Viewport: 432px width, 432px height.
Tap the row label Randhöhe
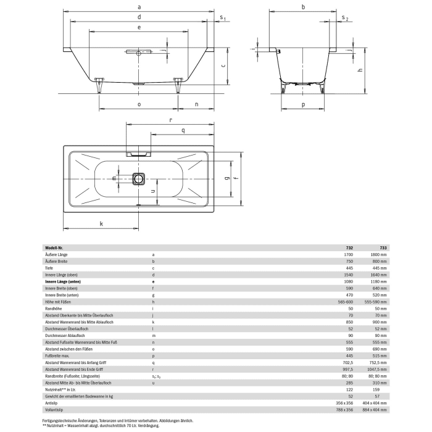point(54,307)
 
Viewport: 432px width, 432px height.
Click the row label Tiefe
point(49,267)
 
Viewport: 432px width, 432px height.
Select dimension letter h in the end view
point(358,70)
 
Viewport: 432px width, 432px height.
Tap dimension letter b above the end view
point(303,6)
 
